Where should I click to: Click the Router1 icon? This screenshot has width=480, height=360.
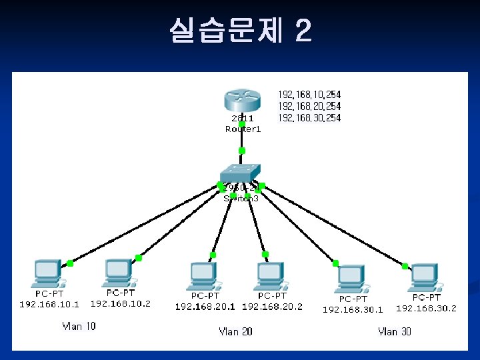(x=242, y=101)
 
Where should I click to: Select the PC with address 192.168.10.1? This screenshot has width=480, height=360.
(x=48, y=275)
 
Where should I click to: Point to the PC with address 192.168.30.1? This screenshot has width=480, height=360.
(x=351, y=279)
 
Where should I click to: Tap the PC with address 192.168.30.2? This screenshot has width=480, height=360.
(x=425, y=278)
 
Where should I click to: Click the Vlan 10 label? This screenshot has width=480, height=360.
(x=79, y=326)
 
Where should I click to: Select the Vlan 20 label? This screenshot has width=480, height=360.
(x=236, y=331)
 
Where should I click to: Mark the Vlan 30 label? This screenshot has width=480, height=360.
(x=395, y=331)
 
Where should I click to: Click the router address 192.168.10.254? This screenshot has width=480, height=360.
(x=309, y=95)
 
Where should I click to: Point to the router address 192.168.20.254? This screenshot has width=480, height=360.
(x=309, y=106)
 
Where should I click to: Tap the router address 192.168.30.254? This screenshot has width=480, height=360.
(x=309, y=117)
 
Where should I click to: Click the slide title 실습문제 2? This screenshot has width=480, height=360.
(x=240, y=30)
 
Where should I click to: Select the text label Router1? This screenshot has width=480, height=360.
(x=243, y=129)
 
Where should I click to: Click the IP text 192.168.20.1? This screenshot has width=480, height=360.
(x=205, y=307)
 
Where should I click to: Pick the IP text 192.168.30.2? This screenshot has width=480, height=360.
(x=426, y=308)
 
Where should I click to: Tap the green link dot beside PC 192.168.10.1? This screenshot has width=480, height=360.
(x=70, y=263)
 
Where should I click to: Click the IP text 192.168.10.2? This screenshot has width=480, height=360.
(x=121, y=303)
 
